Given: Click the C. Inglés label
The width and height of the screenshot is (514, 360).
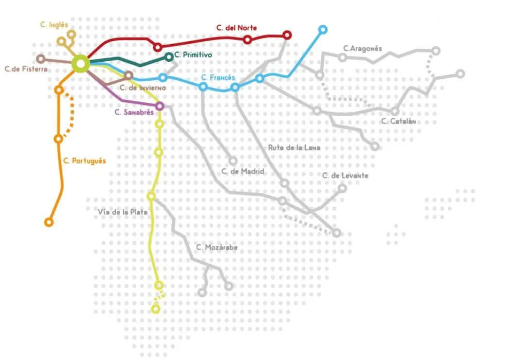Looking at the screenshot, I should coord(54,24).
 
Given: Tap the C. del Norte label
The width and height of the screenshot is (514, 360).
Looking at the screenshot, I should coord(237,28).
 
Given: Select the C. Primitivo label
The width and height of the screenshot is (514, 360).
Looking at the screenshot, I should coord(193,55).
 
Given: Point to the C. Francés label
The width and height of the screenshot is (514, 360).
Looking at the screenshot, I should coord(218,78).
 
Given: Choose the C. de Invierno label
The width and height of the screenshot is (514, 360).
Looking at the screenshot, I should coord(142,87).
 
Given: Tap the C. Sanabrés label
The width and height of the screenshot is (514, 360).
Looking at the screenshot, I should coord(134,113).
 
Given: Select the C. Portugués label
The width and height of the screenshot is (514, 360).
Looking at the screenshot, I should coord(84,161).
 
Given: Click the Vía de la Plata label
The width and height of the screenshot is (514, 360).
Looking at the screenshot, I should coord(123,211).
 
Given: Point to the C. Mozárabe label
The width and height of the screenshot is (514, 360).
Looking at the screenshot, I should coord(217,247).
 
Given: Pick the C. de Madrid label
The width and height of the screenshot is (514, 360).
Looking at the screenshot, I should coord(243,171).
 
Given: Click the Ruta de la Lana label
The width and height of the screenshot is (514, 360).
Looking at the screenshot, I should coord(295,148).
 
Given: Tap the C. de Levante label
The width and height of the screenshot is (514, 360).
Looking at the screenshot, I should coord(345,176).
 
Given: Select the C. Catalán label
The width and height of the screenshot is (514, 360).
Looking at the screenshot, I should coord(398,122).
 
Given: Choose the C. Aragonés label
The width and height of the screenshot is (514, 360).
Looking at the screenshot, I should coord(362,49).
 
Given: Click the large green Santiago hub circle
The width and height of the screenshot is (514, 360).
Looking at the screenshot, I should coord(81,63).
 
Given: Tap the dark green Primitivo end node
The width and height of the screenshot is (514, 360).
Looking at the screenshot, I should coord(169,57).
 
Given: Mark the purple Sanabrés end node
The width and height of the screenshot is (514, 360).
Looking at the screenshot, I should coord(159,106).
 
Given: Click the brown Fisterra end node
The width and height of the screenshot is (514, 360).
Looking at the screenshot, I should coord(41,59).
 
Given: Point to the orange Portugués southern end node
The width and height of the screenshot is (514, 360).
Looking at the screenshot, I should coord(49,222).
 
